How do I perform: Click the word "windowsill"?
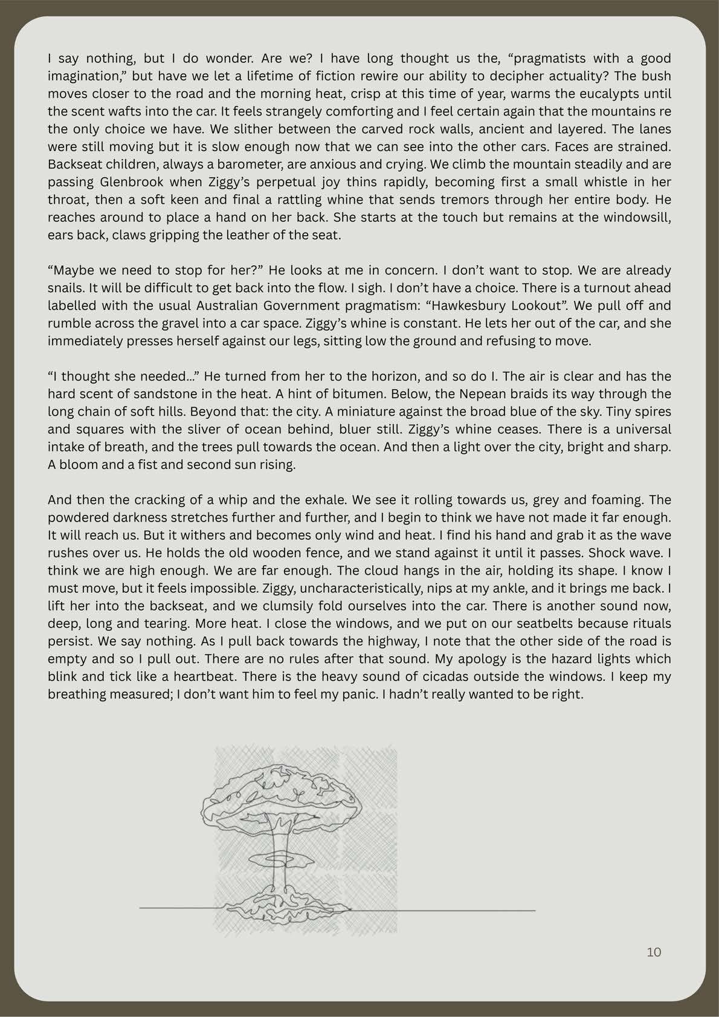(634, 217)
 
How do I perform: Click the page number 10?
(654, 952)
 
